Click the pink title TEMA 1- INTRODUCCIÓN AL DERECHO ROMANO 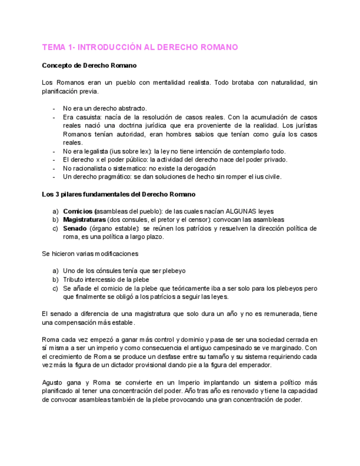tap(140, 47)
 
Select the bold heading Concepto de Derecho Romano tap(90, 65)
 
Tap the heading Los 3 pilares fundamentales tap(119, 195)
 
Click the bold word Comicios tap(79, 211)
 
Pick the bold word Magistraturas tap(84, 220)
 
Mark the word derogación tap(197, 168)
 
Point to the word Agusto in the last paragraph tap(53, 382)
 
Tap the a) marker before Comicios tap(55, 211)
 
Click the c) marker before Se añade tap(55, 288)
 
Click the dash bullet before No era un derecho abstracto tap(54, 108)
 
